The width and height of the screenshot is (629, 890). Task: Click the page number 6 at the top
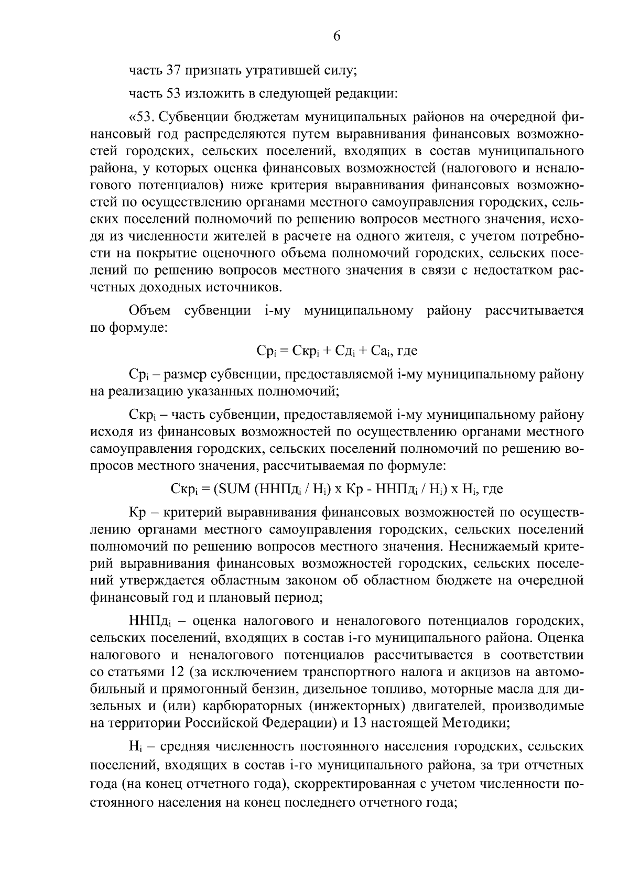pyautogui.click(x=337, y=36)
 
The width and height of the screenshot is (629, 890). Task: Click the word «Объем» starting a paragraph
pyautogui.click(x=149, y=311)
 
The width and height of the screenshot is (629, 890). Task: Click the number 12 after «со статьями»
pyautogui.click(x=177, y=672)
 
